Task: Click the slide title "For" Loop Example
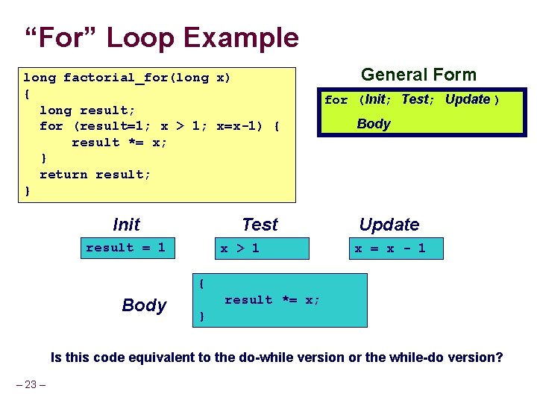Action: click(161, 37)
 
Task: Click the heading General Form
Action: click(418, 75)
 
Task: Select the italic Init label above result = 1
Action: click(126, 225)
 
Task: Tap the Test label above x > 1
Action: click(260, 225)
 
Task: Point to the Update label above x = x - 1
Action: click(389, 225)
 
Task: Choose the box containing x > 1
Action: click(257, 249)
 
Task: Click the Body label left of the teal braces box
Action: click(144, 305)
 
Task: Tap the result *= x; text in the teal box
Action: click(272, 300)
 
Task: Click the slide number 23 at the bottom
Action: click(31, 385)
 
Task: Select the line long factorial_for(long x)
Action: click(127, 78)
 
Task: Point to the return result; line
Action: click(95, 175)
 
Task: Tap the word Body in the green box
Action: click(374, 124)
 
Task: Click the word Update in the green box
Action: click(468, 99)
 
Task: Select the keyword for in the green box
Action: click(336, 100)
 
